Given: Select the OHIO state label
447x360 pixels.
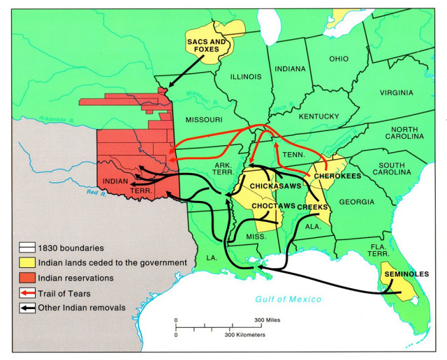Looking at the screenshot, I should coord(339,59).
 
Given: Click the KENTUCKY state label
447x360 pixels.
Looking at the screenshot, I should coord(318,116).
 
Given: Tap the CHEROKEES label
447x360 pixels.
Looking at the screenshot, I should coord(337,176).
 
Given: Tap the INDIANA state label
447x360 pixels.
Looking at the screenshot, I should coord(290,69).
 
